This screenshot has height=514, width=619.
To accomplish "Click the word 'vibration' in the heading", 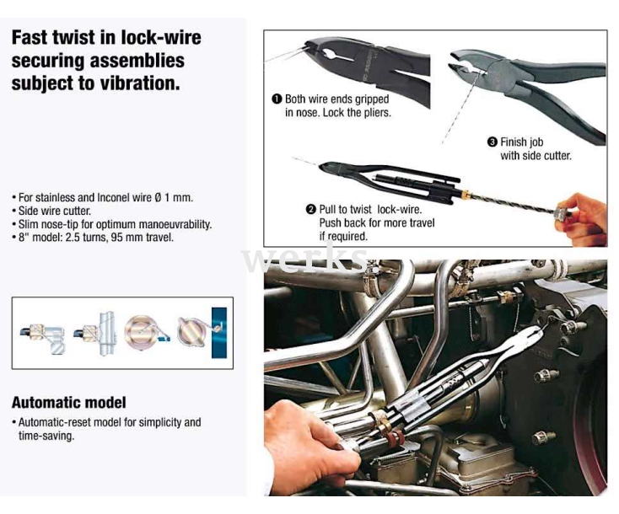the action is point(139,83).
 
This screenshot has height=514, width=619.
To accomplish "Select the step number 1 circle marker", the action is point(277,99).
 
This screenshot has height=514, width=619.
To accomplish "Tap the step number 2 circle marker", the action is point(311,209).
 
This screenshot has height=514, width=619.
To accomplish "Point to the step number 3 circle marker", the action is point(493,142).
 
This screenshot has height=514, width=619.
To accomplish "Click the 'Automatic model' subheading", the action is point(68,403).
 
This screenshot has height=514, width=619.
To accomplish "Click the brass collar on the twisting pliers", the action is point(466,195).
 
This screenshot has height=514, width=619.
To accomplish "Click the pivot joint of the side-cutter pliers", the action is point(500,73).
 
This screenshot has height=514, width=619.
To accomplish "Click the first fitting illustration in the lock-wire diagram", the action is point(43,336).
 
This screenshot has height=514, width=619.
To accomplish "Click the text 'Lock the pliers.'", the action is point(357,113).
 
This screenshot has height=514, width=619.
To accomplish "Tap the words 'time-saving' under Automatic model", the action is point(46,436).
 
